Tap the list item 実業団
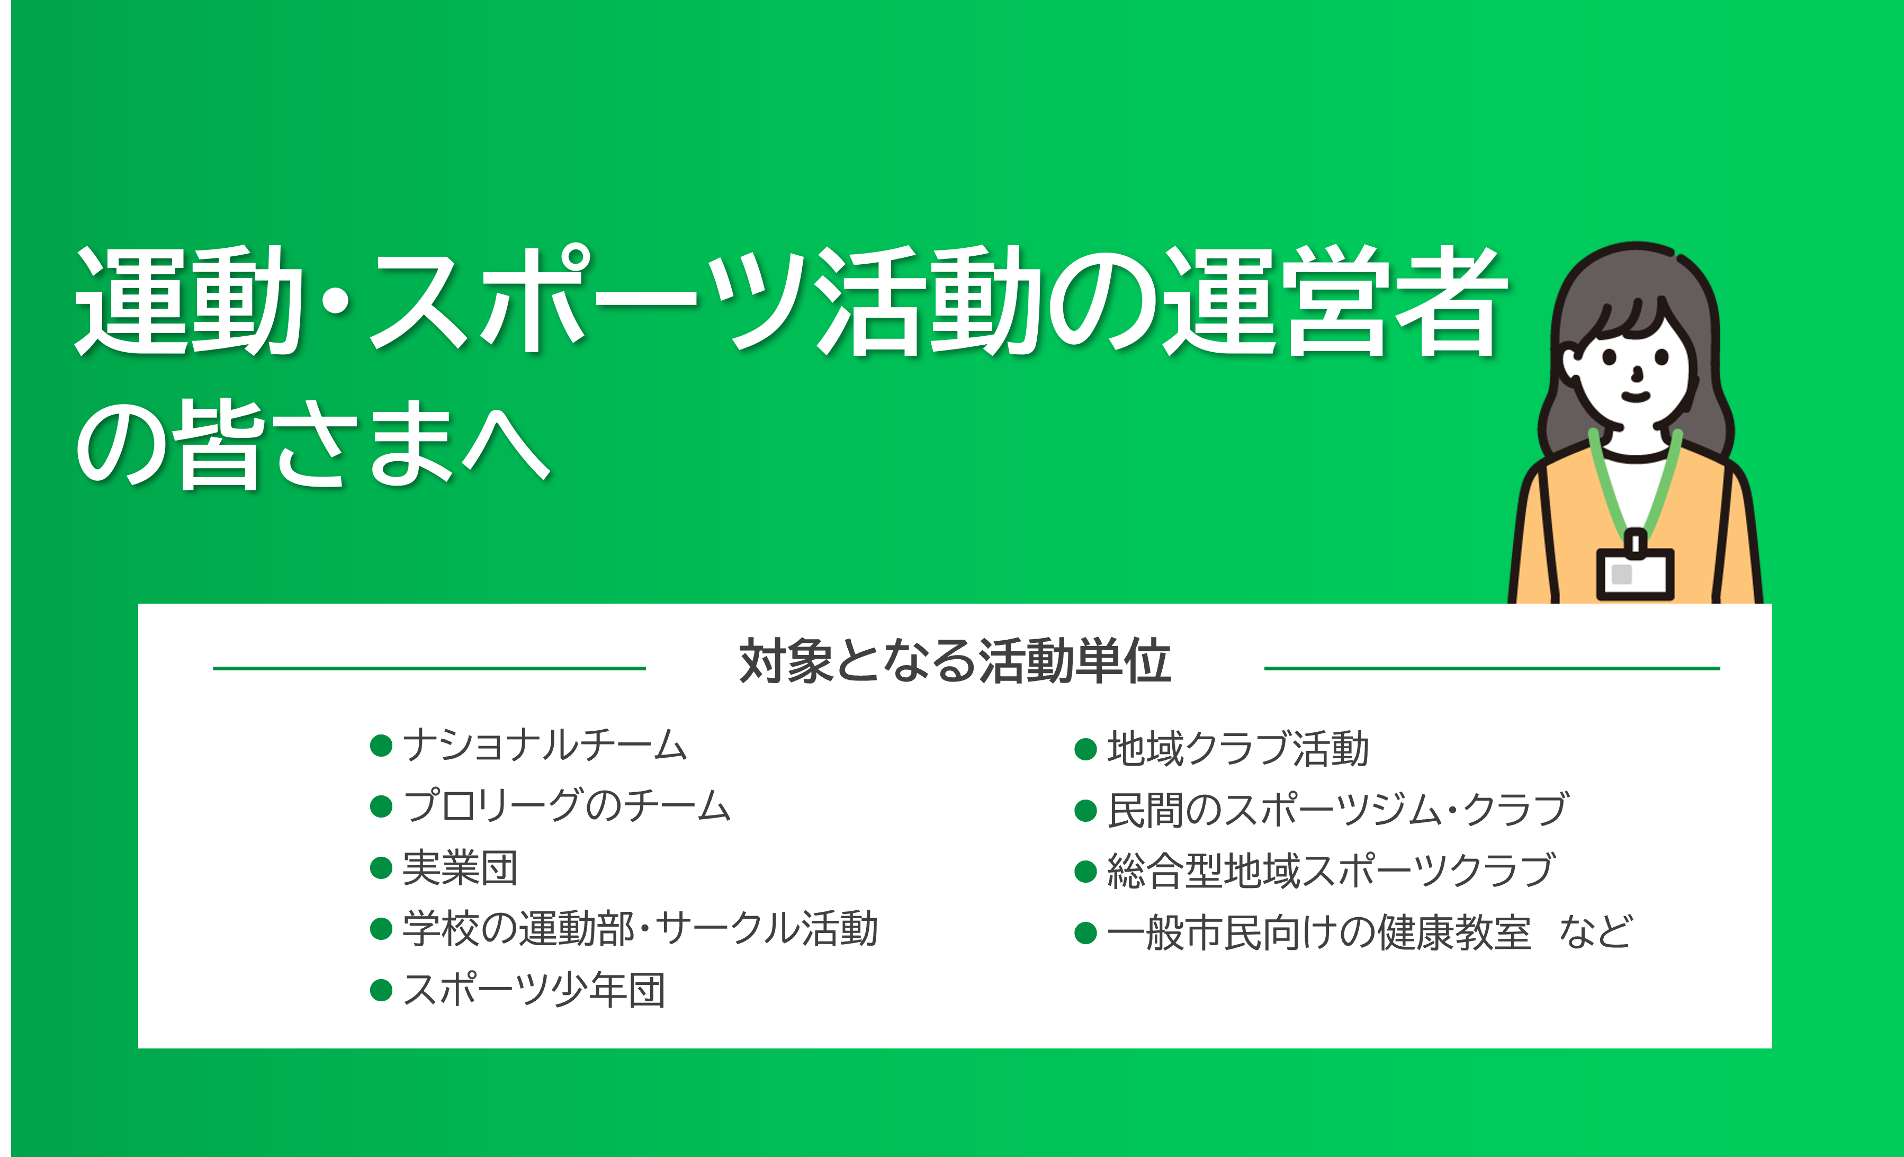pyautogui.click(x=461, y=868)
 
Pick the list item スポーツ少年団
pyautogui.click(x=534, y=990)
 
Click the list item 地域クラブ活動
pyautogui.click(x=1238, y=749)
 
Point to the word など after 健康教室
pyautogui.click(x=1596, y=931)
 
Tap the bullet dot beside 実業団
pyautogui.click(x=381, y=868)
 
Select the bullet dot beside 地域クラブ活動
pyautogui.click(x=1085, y=749)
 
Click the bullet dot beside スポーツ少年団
pyautogui.click(x=381, y=990)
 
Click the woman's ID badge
pyautogui.click(x=1635, y=573)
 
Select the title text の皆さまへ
pyautogui.click(x=313, y=444)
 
